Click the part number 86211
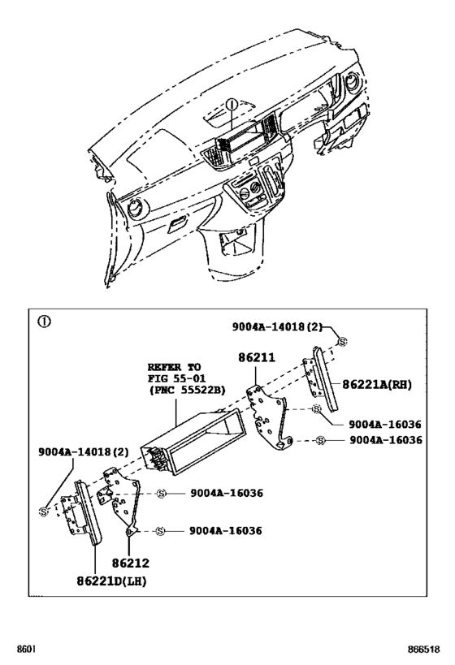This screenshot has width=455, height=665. pos(257,356)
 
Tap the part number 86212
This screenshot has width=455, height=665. pos(131,561)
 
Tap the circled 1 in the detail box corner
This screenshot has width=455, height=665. pos(45,321)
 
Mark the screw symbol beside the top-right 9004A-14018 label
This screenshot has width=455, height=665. pos(343,341)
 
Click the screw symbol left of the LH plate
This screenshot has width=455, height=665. pos(43,510)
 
